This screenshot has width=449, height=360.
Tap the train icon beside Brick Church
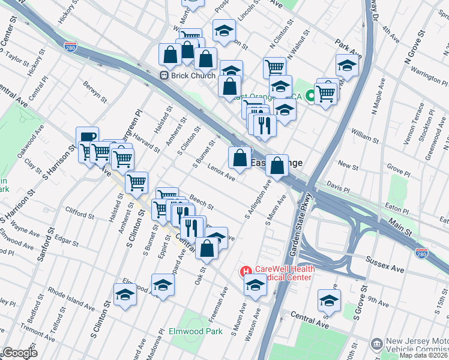163,76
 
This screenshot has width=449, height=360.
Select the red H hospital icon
246,272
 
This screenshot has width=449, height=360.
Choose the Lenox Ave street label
221,172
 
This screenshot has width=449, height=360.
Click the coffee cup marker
87,137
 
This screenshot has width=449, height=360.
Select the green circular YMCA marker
311,95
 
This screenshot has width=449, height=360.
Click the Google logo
19,353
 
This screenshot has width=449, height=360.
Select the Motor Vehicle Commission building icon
377,344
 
